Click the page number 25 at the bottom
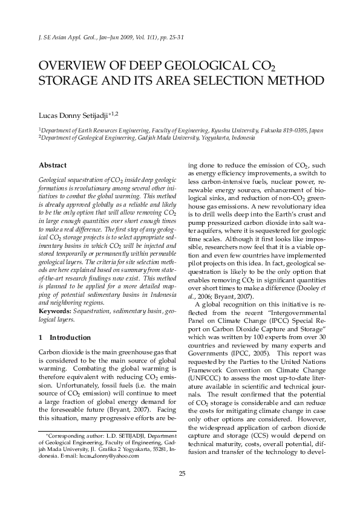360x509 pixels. click(x=182, y=473)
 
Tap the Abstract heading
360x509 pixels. click(x=53, y=165)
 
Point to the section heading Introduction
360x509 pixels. click(x=70, y=337)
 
